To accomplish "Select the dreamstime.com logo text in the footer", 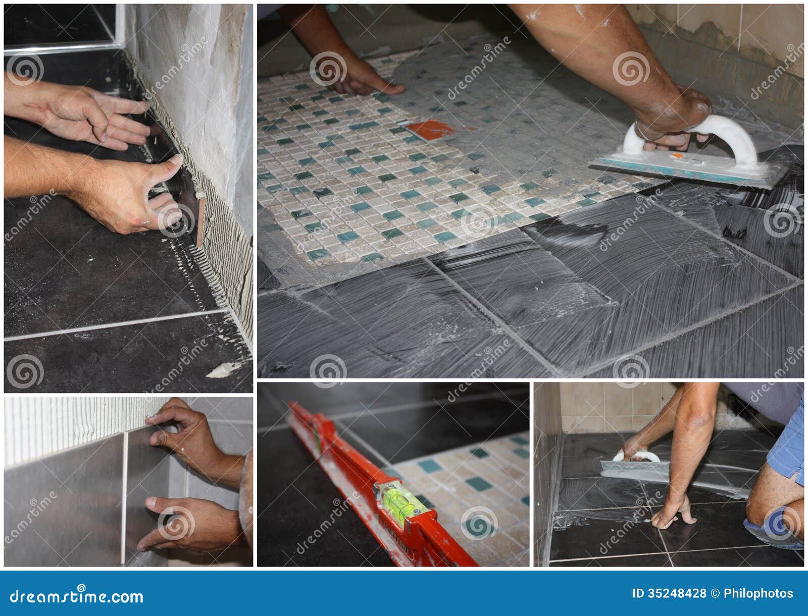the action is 76,596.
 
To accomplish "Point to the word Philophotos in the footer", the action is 759,594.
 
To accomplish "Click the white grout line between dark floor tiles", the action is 114,325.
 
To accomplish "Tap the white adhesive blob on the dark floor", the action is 223,371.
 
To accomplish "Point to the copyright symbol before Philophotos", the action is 715,593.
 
